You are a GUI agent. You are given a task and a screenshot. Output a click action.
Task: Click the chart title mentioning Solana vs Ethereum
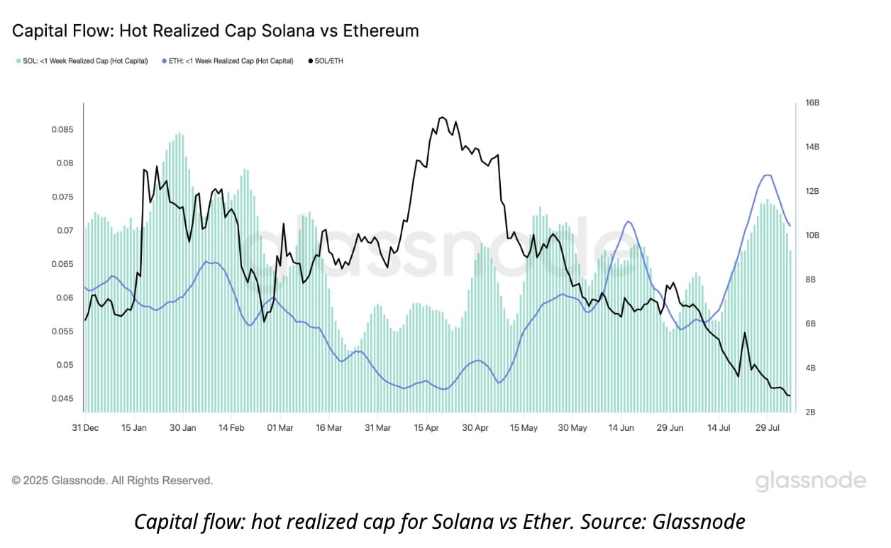coord(215,31)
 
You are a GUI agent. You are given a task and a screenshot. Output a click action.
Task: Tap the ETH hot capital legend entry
coord(228,61)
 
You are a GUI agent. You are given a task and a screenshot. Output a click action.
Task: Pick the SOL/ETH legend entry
coord(326,61)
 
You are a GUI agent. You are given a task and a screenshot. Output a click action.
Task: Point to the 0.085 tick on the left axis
coord(62,130)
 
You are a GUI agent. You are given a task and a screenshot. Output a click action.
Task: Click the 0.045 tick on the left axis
coord(62,398)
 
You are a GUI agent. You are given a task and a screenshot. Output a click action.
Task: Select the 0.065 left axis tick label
coord(62,264)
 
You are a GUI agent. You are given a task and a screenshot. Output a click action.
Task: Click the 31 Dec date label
coord(86,428)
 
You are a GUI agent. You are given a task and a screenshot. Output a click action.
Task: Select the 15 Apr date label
coord(426,428)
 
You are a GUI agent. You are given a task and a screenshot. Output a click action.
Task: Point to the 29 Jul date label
coord(768,428)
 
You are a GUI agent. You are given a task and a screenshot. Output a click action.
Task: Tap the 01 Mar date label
coord(280,428)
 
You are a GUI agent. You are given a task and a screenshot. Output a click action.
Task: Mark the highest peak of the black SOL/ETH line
coord(443,117)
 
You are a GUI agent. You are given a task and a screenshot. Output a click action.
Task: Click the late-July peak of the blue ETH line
coord(768,175)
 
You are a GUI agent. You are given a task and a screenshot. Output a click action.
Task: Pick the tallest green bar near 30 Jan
coord(179,133)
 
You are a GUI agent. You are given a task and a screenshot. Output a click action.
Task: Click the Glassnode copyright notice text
coord(112,481)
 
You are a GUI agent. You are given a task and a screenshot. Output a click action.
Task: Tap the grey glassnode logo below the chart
coord(810,481)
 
